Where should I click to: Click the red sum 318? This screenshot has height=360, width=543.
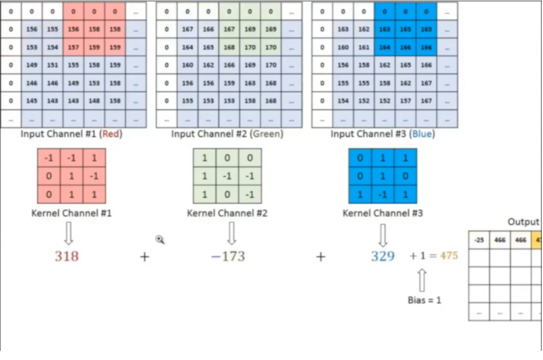point(67,256)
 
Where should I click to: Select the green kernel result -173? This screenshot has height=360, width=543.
point(228,256)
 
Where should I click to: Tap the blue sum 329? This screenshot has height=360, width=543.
point(383,256)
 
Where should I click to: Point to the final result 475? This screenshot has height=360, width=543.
point(449,256)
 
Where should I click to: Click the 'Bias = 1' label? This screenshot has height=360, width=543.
point(424,300)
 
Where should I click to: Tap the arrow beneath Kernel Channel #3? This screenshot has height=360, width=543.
point(383,235)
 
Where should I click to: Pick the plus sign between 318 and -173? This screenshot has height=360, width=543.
point(145,256)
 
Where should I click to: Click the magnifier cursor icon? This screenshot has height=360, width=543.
point(160,239)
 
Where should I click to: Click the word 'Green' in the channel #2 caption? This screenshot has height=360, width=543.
point(265,134)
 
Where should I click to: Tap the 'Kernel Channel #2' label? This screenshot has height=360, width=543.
point(227,214)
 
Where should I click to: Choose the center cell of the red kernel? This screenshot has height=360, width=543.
point(71,176)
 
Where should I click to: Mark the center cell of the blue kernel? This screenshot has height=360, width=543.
point(383,176)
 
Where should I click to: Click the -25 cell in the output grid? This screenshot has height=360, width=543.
point(479,240)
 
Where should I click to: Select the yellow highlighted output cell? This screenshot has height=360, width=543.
point(537,240)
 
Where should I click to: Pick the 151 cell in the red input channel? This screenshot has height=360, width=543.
point(52,65)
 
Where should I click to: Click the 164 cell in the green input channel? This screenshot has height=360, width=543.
point(188,48)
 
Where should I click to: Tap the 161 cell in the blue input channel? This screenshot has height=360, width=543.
point(364,48)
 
